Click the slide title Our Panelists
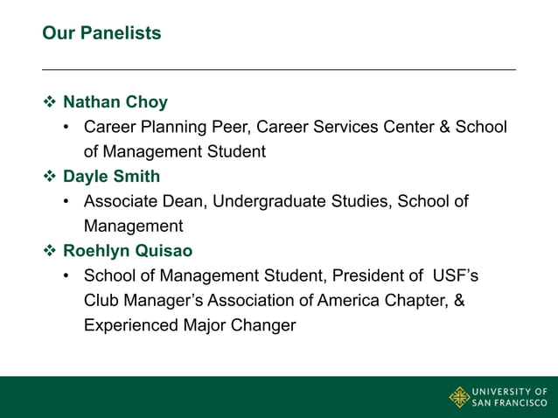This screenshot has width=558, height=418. (x=101, y=33)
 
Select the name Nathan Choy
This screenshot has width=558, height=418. (x=115, y=102)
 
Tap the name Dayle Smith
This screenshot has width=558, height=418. (x=111, y=177)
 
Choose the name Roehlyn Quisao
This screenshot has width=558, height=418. (x=128, y=251)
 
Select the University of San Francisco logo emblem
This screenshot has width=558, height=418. (x=459, y=397)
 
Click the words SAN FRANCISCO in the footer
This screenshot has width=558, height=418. (x=510, y=403)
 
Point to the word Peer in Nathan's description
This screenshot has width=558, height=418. (x=234, y=127)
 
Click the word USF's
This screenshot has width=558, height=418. (x=455, y=275)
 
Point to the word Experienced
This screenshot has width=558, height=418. (x=132, y=325)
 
